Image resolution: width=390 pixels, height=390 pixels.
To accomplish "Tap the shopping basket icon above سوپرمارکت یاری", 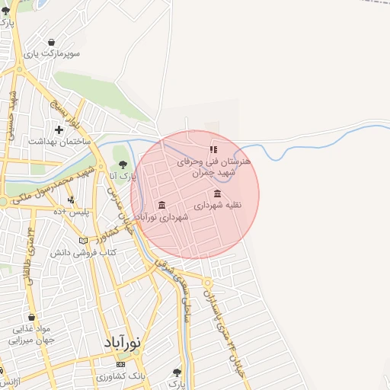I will tap(51, 42).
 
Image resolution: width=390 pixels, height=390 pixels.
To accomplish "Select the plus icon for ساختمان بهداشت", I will tap(59, 129).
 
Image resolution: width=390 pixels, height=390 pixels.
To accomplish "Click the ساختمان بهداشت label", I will tap(59, 142).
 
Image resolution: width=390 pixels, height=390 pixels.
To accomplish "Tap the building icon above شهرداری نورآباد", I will tap(161, 205).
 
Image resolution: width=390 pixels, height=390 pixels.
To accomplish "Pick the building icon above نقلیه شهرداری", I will tap(219, 193).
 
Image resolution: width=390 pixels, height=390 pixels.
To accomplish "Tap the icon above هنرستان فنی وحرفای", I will tap(213, 149).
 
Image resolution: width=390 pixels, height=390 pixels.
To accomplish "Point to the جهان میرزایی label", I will tap(30, 340).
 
